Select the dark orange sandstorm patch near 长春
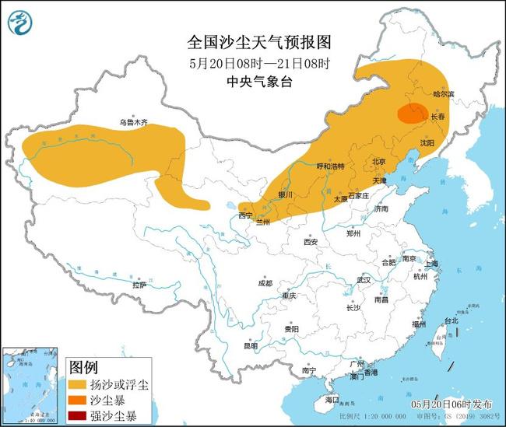pos(412,115)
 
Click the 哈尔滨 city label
pos(441,94)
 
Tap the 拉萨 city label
pos(139,285)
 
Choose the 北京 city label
pos(379,162)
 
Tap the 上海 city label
pos(432,264)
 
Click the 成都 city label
pos(265,283)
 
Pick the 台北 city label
pos(450,320)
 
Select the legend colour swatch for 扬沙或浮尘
pos(79,384)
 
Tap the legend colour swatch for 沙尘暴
pos(79,400)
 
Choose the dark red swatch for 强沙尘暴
pos(79,415)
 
